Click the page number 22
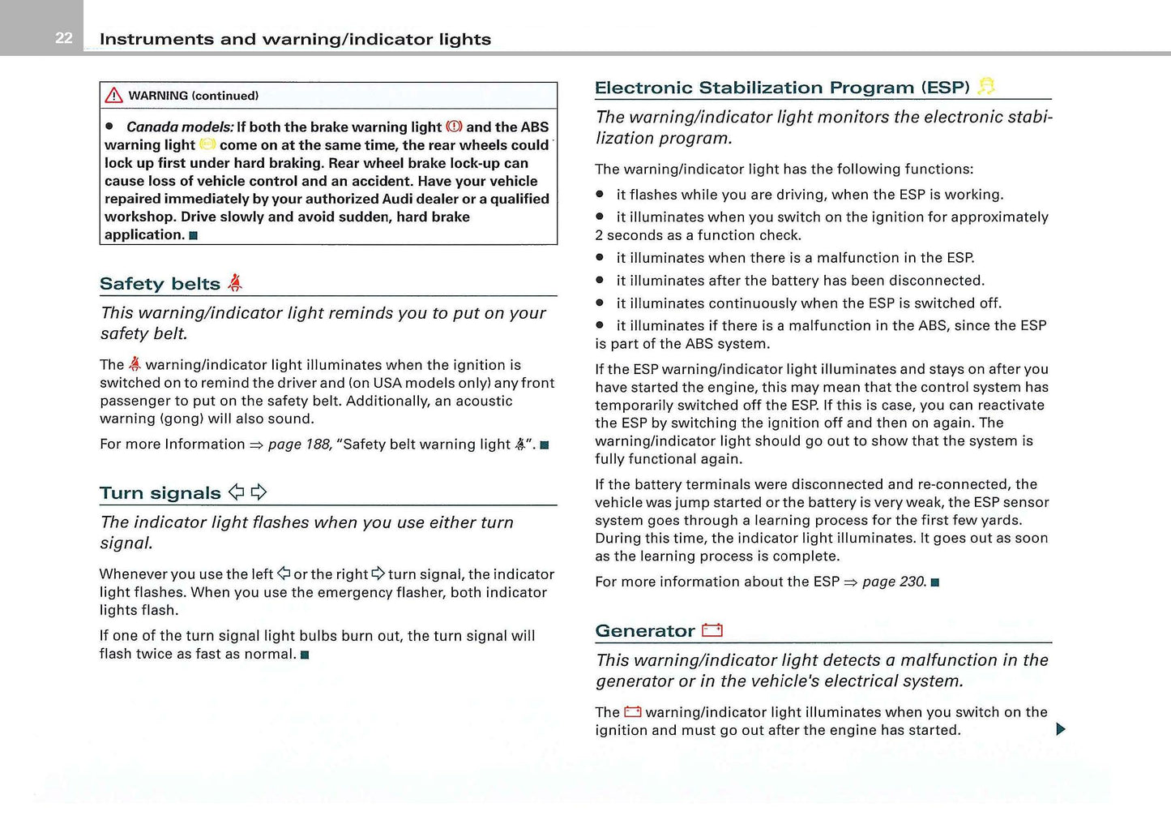tap(64, 38)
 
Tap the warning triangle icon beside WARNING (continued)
tap(114, 96)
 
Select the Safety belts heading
tap(160, 284)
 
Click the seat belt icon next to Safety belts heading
tap(235, 282)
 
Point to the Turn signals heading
tap(160, 493)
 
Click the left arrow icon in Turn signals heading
tap(237, 492)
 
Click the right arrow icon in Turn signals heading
tap(259, 492)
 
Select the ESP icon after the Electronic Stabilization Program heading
tap(986, 86)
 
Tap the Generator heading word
tap(644, 631)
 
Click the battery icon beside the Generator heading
tap(712, 630)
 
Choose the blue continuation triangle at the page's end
tap(1061, 729)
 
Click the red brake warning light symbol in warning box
tap(454, 127)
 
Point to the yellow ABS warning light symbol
tap(207, 144)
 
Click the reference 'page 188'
tap(299, 445)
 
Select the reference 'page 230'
tap(893, 582)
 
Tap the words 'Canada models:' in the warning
tap(180, 127)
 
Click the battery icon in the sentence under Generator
tap(633, 712)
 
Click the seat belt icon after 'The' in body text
tap(135, 365)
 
